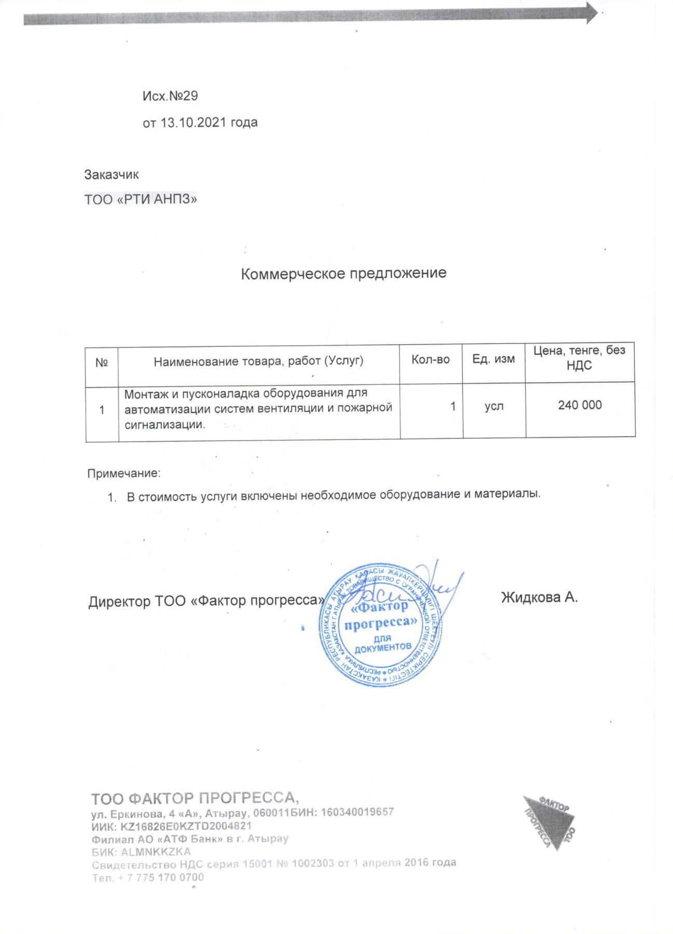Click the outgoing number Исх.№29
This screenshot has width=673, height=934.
pos(170,96)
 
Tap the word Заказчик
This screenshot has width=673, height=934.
pos(112,175)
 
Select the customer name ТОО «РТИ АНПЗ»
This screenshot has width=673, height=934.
pos(141,199)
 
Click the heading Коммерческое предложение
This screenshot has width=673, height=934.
pos(344,273)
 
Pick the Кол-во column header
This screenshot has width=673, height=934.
pos(430,360)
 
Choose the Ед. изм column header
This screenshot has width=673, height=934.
pos(493,359)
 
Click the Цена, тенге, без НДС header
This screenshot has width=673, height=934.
pos(579,358)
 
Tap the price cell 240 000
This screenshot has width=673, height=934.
pos(580,405)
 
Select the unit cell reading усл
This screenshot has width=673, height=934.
pos(494,406)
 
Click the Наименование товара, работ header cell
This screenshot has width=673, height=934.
pos(258,361)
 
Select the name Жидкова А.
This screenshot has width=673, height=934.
pos(539,598)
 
